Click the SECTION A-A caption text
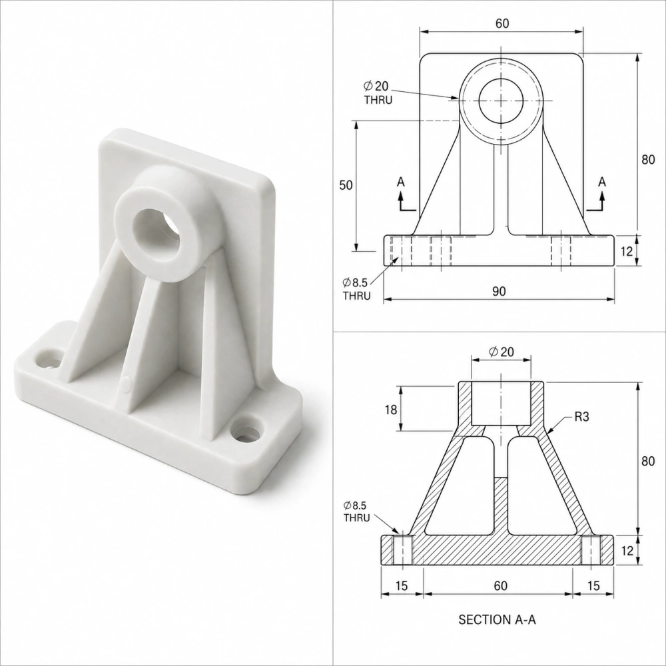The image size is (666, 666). point(497,619)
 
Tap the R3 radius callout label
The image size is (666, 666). point(582,417)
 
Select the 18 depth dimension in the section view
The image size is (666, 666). point(391,410)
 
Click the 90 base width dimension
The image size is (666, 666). point(499,292)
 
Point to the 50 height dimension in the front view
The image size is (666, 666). point(346,185)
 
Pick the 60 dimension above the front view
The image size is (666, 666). point(502,23)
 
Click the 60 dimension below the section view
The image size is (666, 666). point(501,585)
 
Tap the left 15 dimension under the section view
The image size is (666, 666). point(402,585)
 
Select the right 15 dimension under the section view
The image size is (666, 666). point(593,585)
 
